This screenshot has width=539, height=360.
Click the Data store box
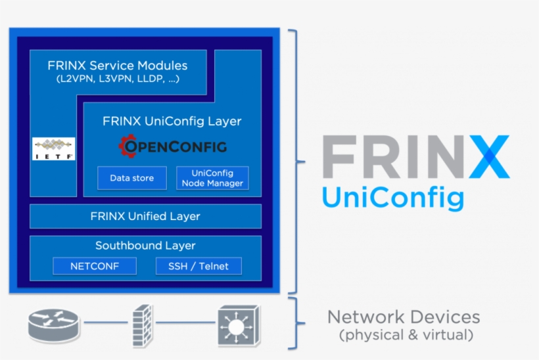tap(132, 178)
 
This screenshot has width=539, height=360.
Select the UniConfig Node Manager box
tap(212, 178)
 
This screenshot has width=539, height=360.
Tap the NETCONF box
tap(95, 266)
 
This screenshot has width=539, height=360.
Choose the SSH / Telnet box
tap(199, 266)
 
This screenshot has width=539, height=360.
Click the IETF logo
tap(54, 149)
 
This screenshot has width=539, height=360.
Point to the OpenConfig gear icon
tap(127, 146)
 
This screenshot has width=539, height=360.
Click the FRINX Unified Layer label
tap(145, 216)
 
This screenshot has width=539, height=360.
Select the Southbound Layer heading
tap(145, 246)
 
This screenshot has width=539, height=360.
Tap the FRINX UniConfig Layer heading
tap(172, 122)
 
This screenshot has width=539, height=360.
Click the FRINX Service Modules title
tap(117, 66)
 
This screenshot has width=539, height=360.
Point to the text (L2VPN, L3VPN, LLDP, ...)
tap(118, 79)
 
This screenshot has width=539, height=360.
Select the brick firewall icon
tap(141, 324)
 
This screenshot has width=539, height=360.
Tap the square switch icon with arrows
tap(236, 324)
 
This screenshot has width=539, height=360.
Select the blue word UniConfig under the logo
tap(392, 196)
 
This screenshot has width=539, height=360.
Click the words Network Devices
tap(404, 317)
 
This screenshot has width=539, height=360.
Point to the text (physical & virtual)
tap(406, 336)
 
